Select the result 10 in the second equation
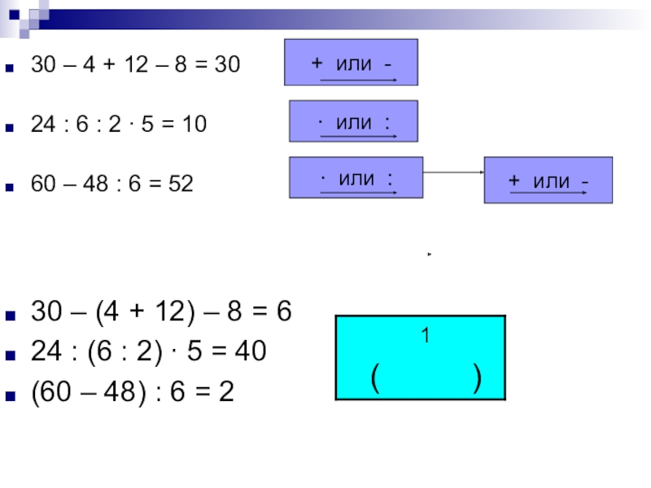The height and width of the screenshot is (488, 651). [194, 124]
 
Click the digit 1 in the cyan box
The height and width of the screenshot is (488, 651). [424, 334]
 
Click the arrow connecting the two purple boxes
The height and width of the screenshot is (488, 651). [453, 172]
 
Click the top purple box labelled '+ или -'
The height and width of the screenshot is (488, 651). [351, 62]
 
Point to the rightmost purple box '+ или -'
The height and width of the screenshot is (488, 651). [548, 180]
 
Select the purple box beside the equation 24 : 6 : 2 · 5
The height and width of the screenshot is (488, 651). [353, 121]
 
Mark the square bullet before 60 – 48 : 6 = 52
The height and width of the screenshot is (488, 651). [11, 185]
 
